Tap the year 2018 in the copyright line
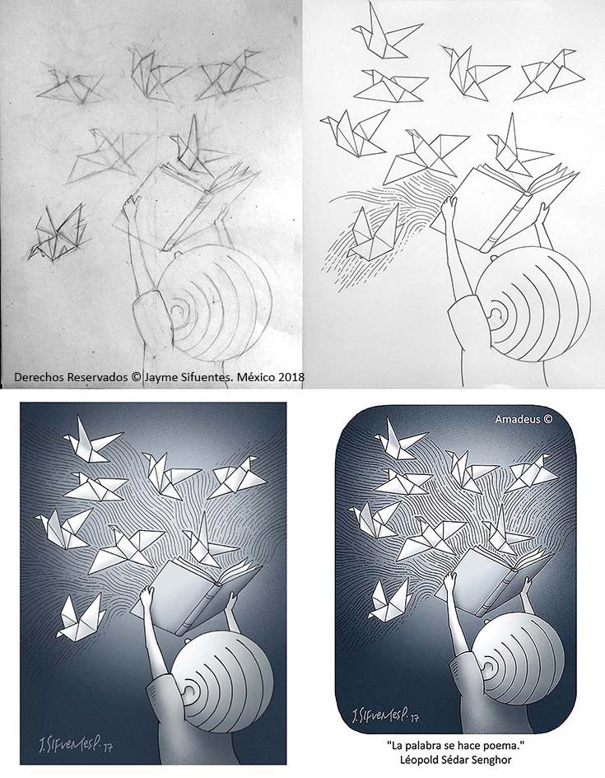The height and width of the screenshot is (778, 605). point(291,377)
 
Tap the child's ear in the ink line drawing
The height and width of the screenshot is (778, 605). point(495,314)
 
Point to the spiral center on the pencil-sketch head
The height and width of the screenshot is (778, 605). point(177,311)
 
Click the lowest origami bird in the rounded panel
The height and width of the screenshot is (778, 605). point(389,600)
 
